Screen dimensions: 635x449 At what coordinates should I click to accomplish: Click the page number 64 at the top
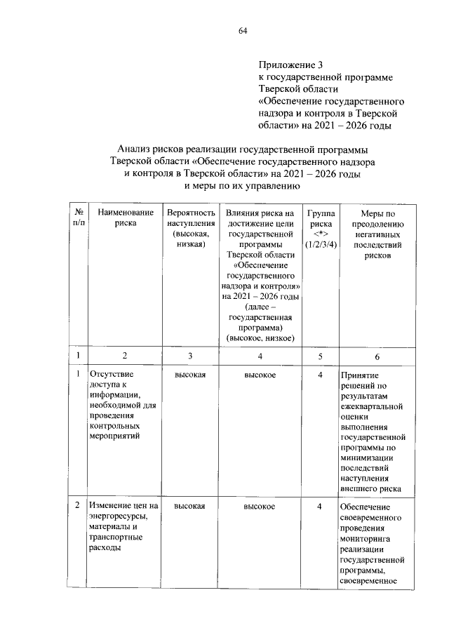[x=243, y=30]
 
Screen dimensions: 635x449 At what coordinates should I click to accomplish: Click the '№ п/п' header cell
[x=79, y=217]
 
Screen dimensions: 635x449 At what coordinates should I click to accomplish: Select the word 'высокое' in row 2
[x=260, y=507]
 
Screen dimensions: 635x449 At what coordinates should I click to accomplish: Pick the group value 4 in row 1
[x=319, y=375]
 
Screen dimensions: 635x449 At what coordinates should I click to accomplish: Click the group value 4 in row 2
[x=319, y=507]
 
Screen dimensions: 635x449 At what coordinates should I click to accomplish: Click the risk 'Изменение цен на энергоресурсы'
[x=123, y=516]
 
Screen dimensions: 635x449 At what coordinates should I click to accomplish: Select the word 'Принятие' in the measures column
[x=360, y=376]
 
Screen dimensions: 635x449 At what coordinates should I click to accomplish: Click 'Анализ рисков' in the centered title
[x=152, y=149]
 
